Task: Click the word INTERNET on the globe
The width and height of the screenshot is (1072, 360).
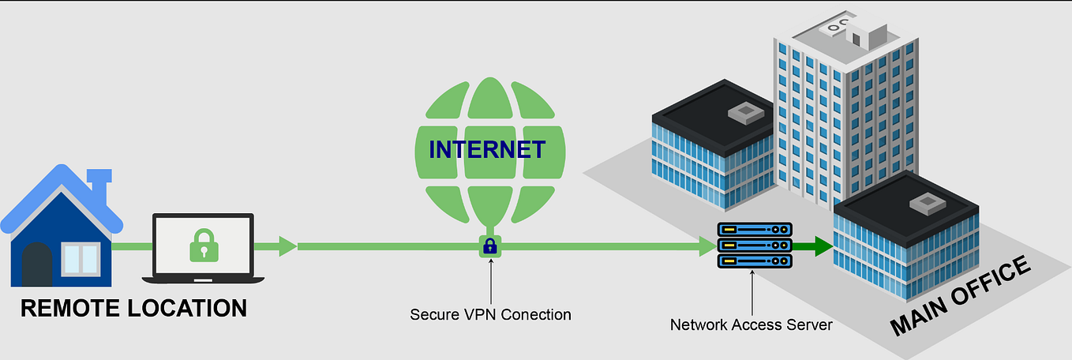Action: (486, 149)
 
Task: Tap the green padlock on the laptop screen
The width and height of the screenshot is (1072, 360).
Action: (203, 245)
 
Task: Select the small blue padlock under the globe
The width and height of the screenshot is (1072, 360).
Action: (489, 246)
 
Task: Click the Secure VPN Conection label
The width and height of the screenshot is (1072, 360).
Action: (490, 314)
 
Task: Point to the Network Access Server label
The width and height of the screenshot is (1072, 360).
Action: (751, 324)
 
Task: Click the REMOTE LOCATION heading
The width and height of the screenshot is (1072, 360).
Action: (133, 308)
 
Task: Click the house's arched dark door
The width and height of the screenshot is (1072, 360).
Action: (37, 264)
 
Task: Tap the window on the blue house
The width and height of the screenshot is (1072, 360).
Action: (81, 258)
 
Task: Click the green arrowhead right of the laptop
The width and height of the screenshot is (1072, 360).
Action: (287, 246)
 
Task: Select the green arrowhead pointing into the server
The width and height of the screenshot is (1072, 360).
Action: (704, 246)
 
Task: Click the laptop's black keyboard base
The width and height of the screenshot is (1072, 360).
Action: (202, 279)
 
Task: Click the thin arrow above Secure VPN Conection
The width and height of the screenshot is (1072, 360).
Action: (490, 280)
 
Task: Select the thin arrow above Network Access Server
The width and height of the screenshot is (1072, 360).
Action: (752, 292)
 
